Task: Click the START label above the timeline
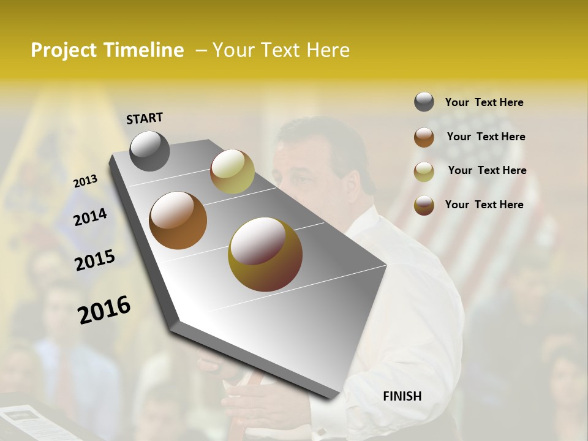click(x=145, y=118)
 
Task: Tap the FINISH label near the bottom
click(x=402, y=396)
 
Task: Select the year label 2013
click(x=85, y=181)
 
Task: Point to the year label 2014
click(x=90, y=217)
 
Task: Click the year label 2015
click(x=94, y=260)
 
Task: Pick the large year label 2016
click(x=104, y=310)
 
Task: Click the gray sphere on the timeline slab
click(x=149, y=151)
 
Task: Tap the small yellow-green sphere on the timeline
click(x=232, y=171)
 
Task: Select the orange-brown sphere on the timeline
click(x=178, y=221)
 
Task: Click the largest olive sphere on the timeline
click(x=265, y=254)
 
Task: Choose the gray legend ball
click(x=424, y=102)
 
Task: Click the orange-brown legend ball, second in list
click(x=424, y=137)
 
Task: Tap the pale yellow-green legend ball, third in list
click(x=424, y=171)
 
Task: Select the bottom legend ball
click(x=424, y=205)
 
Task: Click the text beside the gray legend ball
click(x=484, y=102)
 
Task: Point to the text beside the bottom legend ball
click(x=484, y=205)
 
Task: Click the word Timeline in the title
click(x=143, y=50)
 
